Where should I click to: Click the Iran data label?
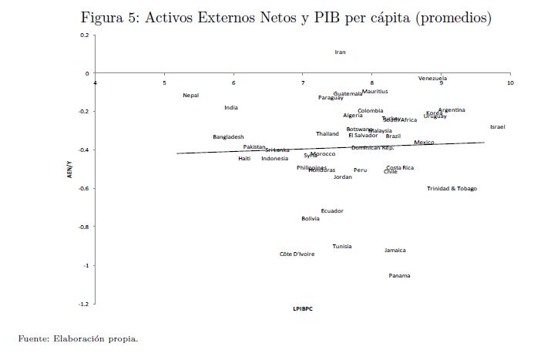pos(340,52)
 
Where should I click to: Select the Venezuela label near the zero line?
pos(432,79)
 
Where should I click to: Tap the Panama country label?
pos(399,276)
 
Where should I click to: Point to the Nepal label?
pos(190,96)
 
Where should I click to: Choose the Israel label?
pos(497,126)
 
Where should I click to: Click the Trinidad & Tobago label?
pos(452,189)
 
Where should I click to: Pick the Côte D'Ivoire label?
pos(297,254)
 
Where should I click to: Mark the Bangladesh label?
pos(228,137)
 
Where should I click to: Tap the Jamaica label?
pos(395,251)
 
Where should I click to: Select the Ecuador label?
pos(332,211)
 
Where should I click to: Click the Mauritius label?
pos(374,92)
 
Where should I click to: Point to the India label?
pos(231,108)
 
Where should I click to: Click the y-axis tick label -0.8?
pos(83,227)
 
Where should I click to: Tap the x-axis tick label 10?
pos(509,82)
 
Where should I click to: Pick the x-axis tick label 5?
pos(164,82)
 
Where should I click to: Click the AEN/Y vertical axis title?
pos(69,170)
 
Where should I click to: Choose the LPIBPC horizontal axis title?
pos(302,309)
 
